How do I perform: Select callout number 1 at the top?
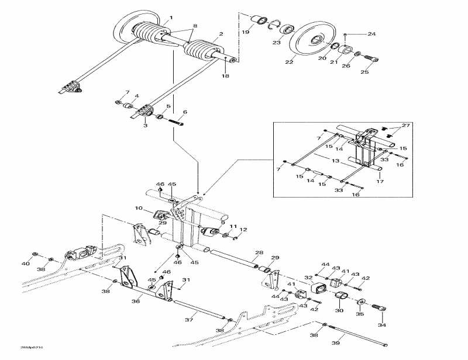tap(171, 16)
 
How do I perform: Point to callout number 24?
tap(372, 34)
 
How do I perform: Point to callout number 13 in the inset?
tap(335, 160)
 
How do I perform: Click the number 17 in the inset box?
tap(380, 181)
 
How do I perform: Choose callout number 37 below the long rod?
tap(189, 320)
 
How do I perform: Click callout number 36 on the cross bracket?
tap(136, 302)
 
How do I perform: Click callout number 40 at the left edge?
tap(25, 264)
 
